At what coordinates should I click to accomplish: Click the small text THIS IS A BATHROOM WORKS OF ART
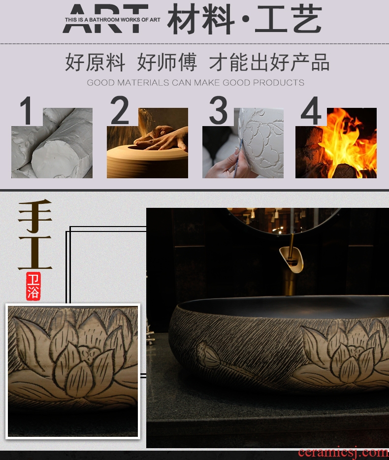click(113, 20)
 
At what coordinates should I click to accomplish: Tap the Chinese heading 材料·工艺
click(244, 19)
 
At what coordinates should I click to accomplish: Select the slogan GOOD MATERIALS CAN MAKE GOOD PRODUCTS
click(195, 82)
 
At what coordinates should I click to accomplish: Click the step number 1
click(26, 110)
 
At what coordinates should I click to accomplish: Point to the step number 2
click(119, 110)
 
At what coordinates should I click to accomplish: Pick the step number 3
click(218, 110)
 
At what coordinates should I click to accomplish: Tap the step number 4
click(311, 110)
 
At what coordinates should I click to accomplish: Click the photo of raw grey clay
click(52, 143)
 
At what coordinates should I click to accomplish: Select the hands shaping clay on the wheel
click(161, 137)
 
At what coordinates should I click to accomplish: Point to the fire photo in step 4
click(336, 143)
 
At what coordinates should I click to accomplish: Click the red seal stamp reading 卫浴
click(33, 286)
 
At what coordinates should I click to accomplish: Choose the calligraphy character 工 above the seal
click(35, 253)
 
